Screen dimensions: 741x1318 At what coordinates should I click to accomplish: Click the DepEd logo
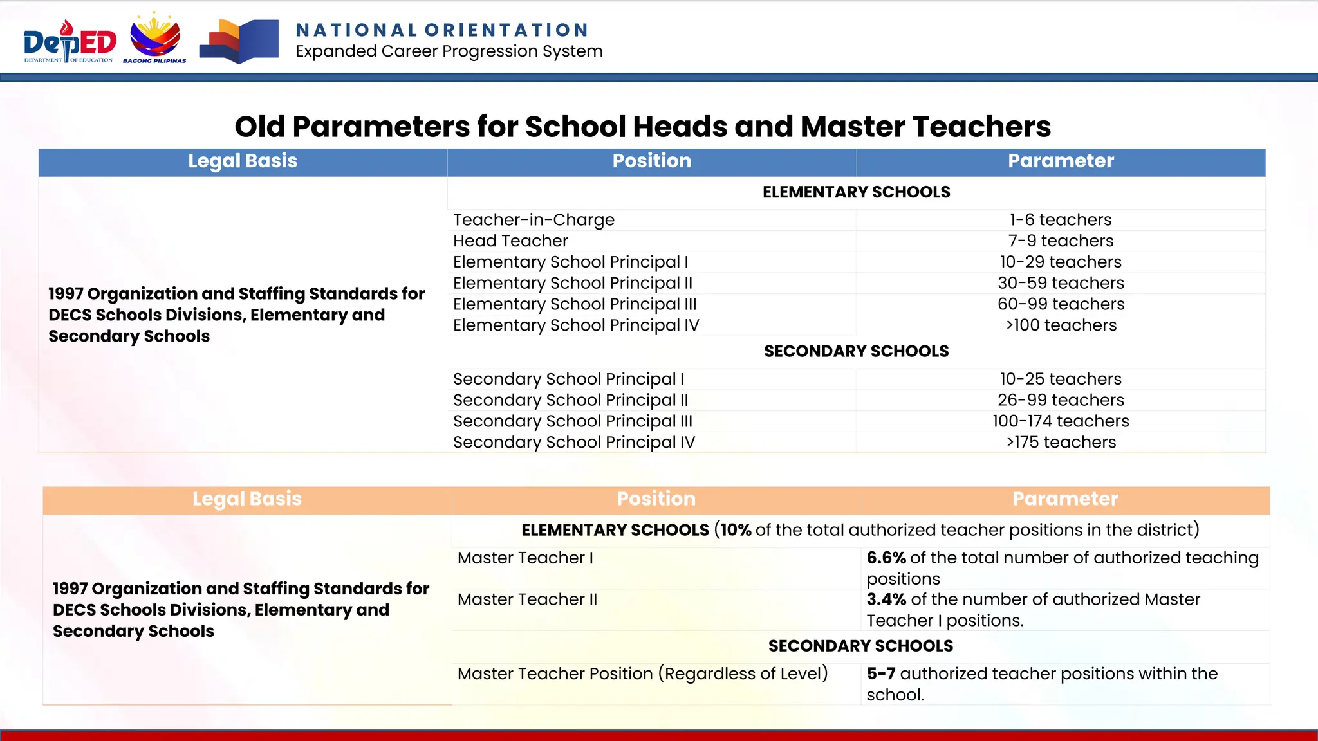click(70, 42)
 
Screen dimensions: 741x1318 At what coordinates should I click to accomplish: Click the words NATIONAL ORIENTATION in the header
click(442, 30)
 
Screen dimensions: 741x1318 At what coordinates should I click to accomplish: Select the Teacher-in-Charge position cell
click(534, 220)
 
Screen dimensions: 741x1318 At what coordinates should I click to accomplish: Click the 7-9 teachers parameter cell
click(1060, 241)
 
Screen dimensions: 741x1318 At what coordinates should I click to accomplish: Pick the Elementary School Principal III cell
click(574, 304)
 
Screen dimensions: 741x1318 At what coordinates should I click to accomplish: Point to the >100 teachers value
click(1061, 325)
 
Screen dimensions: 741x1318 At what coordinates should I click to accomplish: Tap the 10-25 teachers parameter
click(1060, 379)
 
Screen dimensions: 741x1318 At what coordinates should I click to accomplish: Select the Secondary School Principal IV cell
click(573, 443)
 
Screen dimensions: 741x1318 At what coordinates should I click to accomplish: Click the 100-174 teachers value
click(1060, 421)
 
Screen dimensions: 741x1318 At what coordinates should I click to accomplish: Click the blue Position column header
click(651, 161)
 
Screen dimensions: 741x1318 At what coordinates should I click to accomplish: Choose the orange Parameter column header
click(1064, 499)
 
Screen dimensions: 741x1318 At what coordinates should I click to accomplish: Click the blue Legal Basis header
click(243, 161)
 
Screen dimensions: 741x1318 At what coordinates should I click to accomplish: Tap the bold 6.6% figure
click(886, 558)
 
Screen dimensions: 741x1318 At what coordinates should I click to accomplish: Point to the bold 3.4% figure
click(886, 599)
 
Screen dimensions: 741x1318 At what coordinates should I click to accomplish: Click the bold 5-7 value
click(880, 673)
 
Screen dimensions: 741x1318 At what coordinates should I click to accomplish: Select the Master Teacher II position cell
click(527, 599)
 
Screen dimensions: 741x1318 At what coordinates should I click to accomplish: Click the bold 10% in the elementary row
click(736, 530)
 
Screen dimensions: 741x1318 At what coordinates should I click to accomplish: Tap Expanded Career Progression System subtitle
click(449, 51)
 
